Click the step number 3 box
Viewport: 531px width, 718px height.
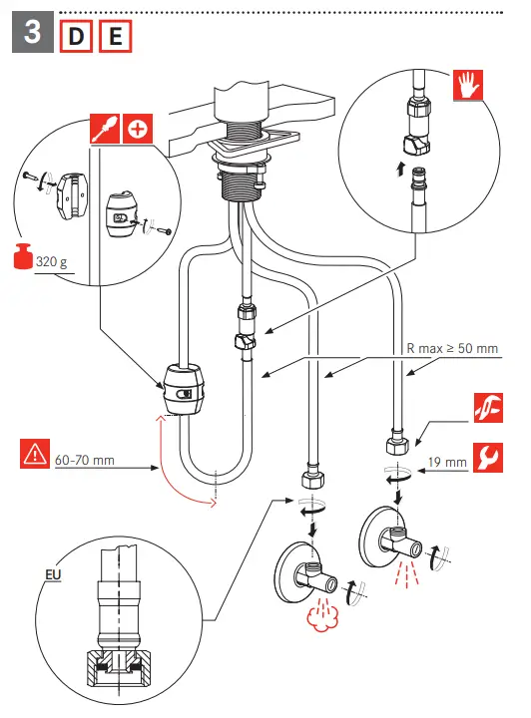(x=33, y=32)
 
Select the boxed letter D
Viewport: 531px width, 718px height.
(x=76, y=36)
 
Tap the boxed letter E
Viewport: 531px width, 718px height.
(x=115, y=36)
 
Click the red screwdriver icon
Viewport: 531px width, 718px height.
(x=105, y=129)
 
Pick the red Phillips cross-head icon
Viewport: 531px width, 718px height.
(x=138, y=129)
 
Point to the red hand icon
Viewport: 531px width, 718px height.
(x=468, y=85)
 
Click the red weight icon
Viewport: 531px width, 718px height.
(x=23, y=256)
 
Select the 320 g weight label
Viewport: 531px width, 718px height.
(x=51, y=262)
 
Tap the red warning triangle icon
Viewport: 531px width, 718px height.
(x=35, y=454)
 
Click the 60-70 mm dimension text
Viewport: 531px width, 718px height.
(x=84, y=460)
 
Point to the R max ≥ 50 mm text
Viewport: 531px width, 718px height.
(x=452, y=348)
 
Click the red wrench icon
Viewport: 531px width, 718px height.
(x=488, y=458)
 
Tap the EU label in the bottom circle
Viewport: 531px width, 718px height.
(x=53, y=574)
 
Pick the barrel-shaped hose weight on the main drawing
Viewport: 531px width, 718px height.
(x=183, y=389)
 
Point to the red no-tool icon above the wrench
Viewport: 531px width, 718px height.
(x=488, y=408)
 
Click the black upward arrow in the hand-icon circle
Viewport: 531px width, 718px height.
(x=400, y=169)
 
